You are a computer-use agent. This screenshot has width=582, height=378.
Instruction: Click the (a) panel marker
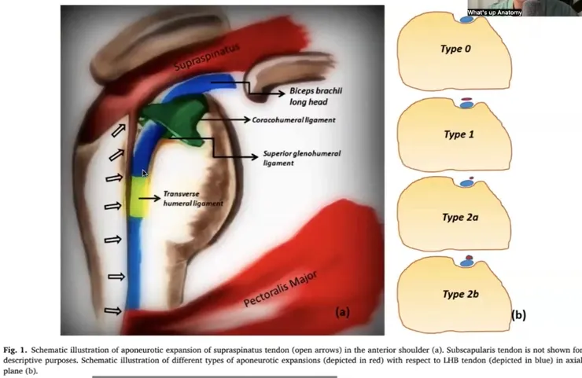[343, 312]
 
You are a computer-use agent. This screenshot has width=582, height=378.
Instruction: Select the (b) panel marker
[518, 315]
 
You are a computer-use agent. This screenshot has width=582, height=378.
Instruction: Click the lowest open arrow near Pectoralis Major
[116, 312]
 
